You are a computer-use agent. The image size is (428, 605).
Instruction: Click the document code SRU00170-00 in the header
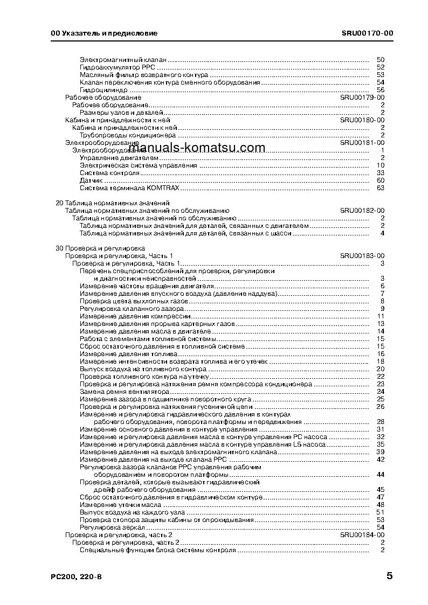point(367,33)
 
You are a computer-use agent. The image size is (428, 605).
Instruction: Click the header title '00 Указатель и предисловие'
point(104,33)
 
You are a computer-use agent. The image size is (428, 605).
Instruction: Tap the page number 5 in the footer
point(389,575)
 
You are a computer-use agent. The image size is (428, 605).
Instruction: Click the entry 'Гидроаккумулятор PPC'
point(118,67)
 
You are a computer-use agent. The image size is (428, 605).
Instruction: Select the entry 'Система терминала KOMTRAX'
point(129,187)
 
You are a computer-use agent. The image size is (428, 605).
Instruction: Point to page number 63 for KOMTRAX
point(380,187)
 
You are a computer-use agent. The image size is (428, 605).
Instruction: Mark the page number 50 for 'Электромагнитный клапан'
point(380,59)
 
